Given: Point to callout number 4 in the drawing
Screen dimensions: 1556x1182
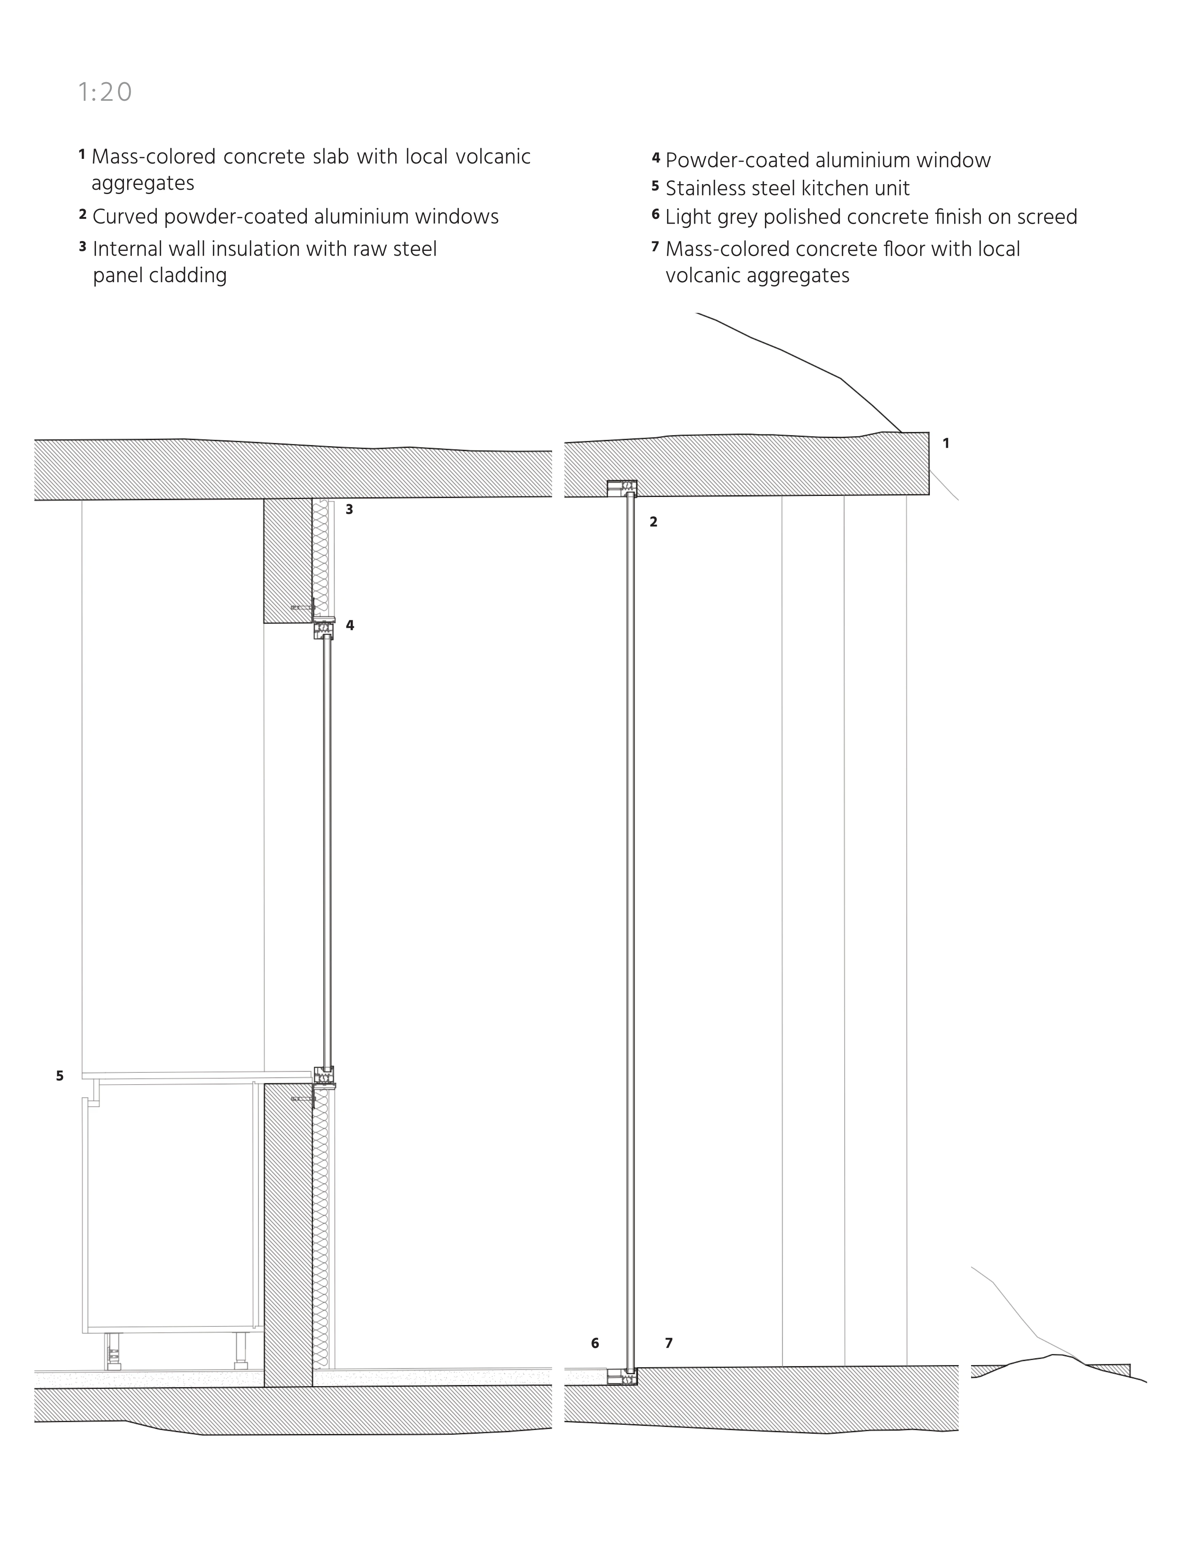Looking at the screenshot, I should [x=350, y=625].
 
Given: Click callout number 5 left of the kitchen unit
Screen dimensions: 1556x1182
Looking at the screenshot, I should [x=60, y=1076].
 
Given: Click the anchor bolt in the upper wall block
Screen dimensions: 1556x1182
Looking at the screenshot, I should [x=303, y=607].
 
